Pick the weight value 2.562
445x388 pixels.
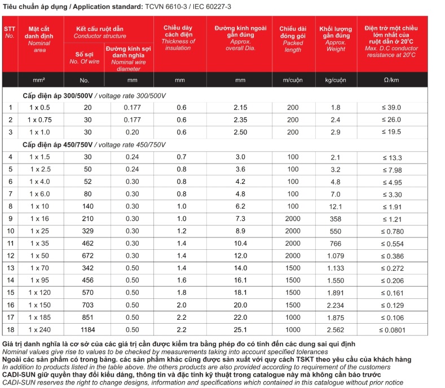(x=336, y=329)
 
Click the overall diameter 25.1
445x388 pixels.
(x=240, y=329)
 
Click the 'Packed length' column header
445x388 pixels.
(x=293, y=39)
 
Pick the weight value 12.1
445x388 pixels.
(x=336, y=206)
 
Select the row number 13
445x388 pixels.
(x=10, y=268)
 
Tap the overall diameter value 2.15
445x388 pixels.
(x=240, y=107)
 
